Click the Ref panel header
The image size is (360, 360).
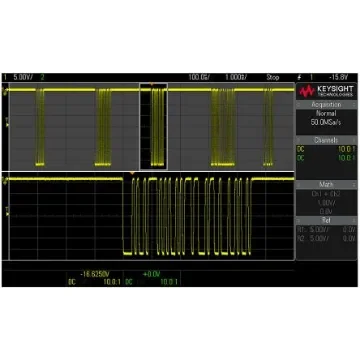point(325,219)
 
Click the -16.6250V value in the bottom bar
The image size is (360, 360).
point(92,272)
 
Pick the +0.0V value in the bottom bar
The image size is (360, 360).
point(149,272)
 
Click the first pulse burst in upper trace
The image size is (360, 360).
point(41,125)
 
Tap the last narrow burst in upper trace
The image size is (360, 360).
point(281,125)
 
